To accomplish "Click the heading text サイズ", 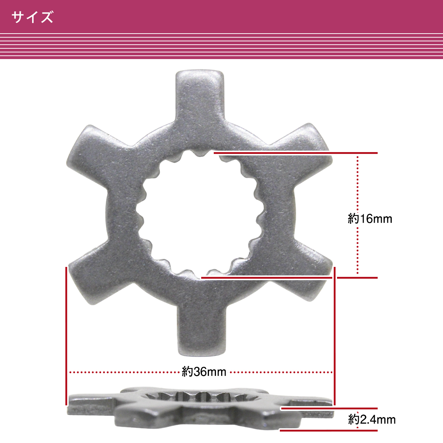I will coord(32,17).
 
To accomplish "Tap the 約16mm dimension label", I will coord(370,219).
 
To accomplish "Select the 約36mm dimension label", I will coord(204,372).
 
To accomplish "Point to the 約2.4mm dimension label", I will coord(372,419).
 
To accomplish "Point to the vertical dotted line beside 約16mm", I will coord(357,185).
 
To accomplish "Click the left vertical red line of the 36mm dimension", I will coord(66,332).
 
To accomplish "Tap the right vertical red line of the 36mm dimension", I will coord(334,332).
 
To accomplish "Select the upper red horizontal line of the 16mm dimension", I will coord(295,152).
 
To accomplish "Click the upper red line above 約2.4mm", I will coord(329,408).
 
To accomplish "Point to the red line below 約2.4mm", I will coord(329,430).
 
